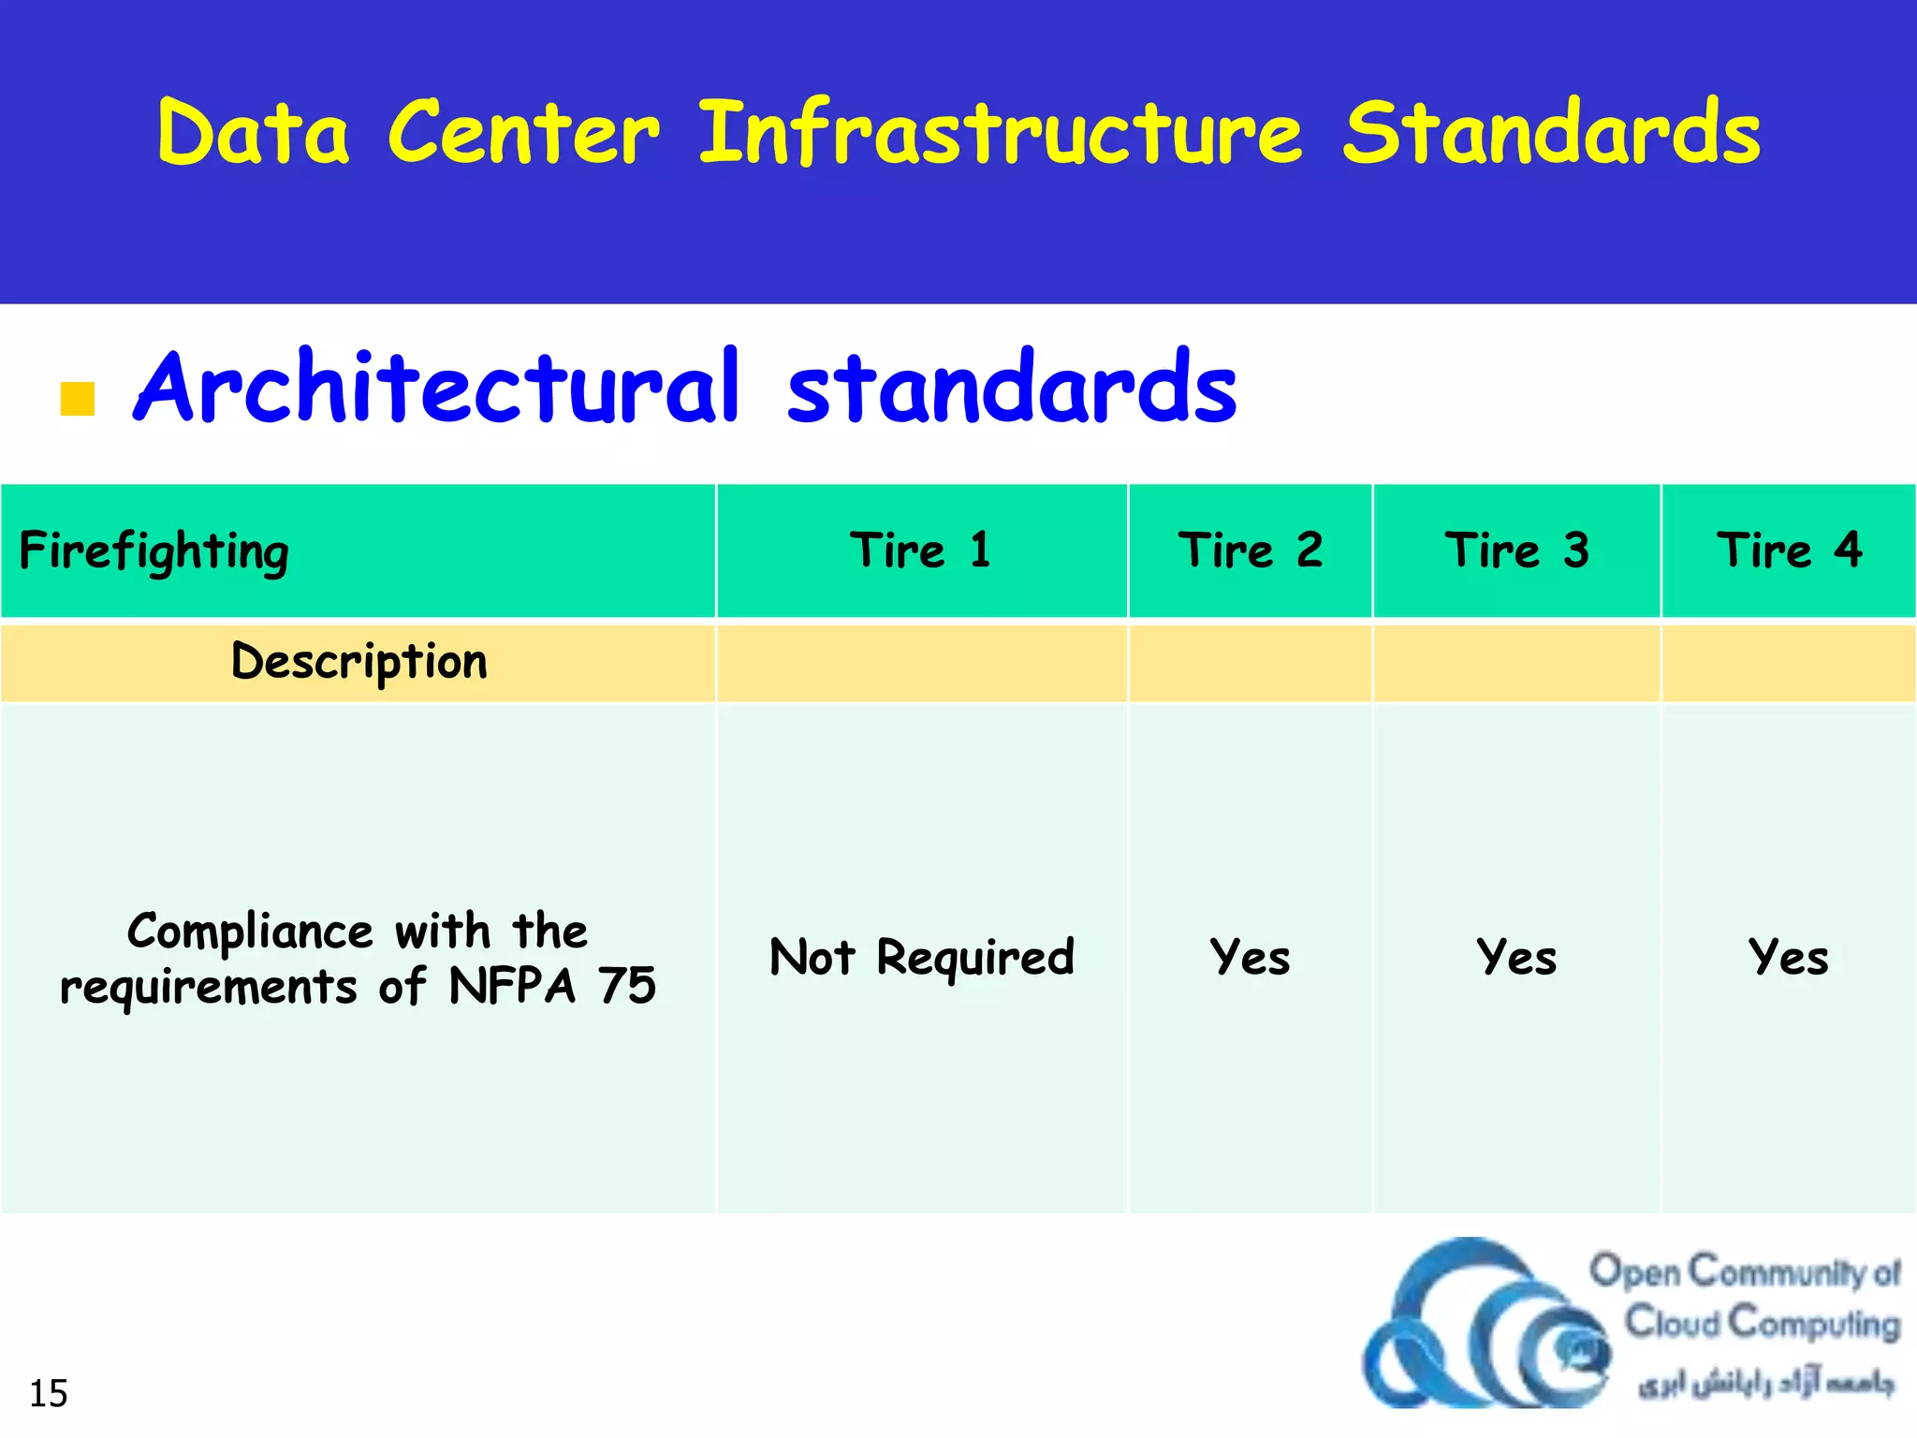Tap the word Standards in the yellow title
[x=1551, y=134]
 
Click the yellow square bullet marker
[x=78, y=399]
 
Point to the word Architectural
[x=437, y=388]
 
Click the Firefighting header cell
[x=154, y=551]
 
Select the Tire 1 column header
[x=921, y=550]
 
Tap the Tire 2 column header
[x=1250, y=550]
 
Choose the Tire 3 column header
[x=1516, y=550]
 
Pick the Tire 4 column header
[x=1789, y=550]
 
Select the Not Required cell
[x=921, y=958]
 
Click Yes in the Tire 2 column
[x=1250, y=958]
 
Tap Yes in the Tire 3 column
[x=1516, y=958]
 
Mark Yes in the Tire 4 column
[x=1789, y=958]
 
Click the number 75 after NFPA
[x=627, y=987]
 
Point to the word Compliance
[x=250, y=932]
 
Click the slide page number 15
[x=49, y=1394]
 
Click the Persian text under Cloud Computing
[x=1764, y=1383]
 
